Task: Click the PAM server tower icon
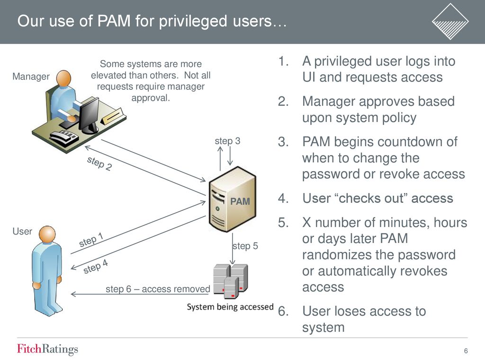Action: point(233,199)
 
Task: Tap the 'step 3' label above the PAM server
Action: point(227,141)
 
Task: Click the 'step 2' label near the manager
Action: point(99,163)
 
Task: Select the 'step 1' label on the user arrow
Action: point(91,240)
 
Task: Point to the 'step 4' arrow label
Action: point(96,267)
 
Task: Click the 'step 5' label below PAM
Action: point(245,246)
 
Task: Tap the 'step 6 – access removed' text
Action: point(158,289)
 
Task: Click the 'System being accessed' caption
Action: point(230,307)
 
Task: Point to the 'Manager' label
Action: point(31,77)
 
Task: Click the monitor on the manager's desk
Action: point(89,115)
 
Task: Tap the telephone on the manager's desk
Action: point(64,138)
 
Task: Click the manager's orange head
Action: point(64,79)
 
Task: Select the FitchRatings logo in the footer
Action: point(47,349)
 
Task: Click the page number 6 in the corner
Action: point(466,351)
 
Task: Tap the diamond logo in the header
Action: point(450,21)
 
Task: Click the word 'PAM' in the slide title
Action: point(114,21)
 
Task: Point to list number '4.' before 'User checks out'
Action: point(283,198)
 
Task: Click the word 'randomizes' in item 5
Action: point(335,255)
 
